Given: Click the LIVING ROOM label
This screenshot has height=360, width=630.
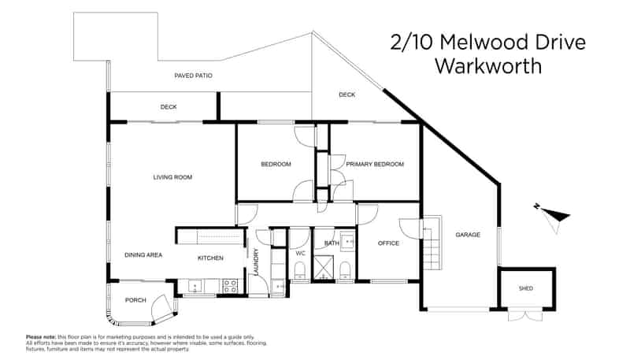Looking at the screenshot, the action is point(172,177).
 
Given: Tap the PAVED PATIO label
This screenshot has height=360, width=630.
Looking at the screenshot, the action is point(193,76).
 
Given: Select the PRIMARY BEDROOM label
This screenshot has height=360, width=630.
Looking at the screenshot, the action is point(375,165).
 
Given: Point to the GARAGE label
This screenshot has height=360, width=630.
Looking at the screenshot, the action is point(468,235).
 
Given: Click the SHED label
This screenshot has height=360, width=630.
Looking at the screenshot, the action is point(525,288).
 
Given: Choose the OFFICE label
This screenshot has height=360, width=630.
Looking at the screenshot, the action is point(388,243).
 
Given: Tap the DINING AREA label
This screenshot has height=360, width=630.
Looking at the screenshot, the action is point(143,254).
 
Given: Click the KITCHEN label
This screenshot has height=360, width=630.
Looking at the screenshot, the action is point(210,258).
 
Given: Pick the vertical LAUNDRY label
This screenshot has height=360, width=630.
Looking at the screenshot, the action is point(257,262).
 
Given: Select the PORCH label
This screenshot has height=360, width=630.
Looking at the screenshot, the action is point(135,300).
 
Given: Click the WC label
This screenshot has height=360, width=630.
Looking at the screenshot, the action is point(301,253).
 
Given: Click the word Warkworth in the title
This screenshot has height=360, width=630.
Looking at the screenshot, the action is point(488,66).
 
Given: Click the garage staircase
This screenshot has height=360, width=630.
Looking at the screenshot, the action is point(432,243).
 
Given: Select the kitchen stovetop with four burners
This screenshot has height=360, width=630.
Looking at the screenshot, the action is point(230,286).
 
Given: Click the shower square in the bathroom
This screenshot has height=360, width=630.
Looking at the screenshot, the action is point(324,267).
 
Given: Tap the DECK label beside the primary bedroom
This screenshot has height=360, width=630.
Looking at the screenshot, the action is point(346,95).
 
